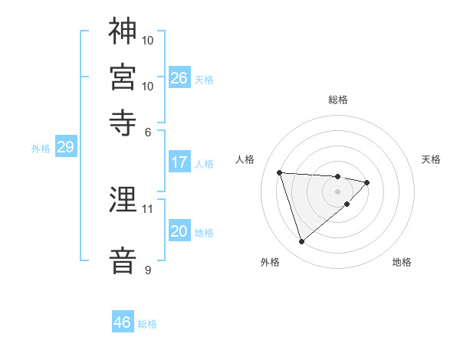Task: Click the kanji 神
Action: coord(123,31)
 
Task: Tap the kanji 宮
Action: coord(123,77)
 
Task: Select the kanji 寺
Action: coord(123,123)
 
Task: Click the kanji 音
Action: coord(123,260)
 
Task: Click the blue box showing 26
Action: coord(179,77)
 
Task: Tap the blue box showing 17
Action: coord(179,162)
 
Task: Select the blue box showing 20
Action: coord(179,232)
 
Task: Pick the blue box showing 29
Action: coord(65,148)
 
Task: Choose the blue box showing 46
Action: coord(123,322)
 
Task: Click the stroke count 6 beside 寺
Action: coord(149,132)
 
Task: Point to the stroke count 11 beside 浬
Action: coord(149,208)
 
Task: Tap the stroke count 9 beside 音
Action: coord(148,270)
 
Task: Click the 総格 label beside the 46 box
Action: coord(147,324)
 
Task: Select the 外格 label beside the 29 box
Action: coord(40,149)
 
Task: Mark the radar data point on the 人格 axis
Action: coord(280,172)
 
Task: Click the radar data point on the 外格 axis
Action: coord(301,242)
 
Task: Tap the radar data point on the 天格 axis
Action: coord(367,182)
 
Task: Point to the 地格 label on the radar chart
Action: coord(402,262)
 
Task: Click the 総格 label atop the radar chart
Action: coord(338,100)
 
